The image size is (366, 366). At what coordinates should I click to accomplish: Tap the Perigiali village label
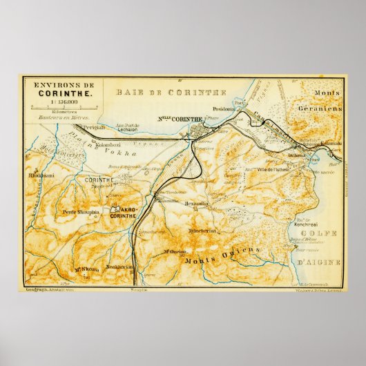pyautogui.click(x=93, y=128)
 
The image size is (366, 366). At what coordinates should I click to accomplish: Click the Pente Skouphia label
pyautogui.click(x=81, y=212)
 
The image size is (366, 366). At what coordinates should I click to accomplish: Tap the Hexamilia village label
pyautogui.click(x=198, y=204)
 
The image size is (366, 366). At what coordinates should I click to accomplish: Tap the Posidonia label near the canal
pyautogui.click(x=224, y=108)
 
